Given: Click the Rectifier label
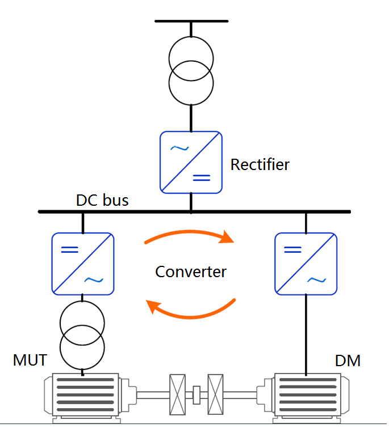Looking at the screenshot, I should point(260,165).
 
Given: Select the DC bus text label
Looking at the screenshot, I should point(102,200).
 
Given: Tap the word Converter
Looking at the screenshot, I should point(191,271).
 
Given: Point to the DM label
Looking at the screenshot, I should point(348,360).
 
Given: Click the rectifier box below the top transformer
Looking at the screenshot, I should point(191,162).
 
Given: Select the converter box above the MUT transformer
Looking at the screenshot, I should point(83,264).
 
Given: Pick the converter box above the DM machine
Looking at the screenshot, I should point(306,264).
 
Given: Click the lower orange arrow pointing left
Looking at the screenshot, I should point(191,309).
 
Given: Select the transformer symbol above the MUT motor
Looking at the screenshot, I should point(82,335).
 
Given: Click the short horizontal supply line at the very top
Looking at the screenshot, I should point(191,21).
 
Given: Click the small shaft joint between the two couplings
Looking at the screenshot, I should point(196,394).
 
